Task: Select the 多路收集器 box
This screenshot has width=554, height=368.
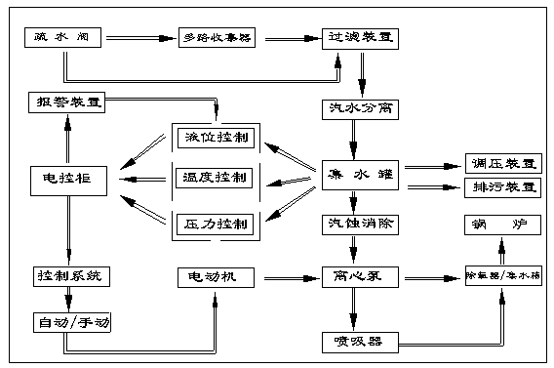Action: (x=218, y=40)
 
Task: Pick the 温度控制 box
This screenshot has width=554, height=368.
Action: (x=214, y=178)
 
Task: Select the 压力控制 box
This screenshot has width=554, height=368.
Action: (x=214, y=224)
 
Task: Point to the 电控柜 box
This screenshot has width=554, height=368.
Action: (x=65, y=178)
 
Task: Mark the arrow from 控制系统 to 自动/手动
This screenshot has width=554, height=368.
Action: (x=65, y=299)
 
